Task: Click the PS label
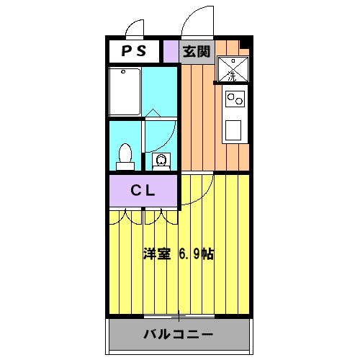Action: pos(133,51)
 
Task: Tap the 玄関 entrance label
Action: pos(196,51)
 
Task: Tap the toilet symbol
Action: pos(125,156)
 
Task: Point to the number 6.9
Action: pos(187,254)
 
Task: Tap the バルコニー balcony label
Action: pos(179,335)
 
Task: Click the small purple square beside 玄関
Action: pos(170,51)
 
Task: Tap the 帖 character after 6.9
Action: pos(208,254)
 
